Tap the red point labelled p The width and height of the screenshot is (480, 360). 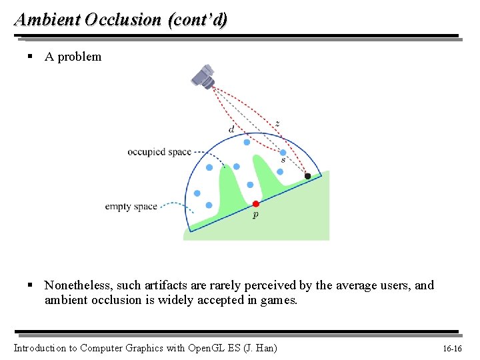255,203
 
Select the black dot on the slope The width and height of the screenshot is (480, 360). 307,176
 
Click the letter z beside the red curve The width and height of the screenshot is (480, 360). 277,123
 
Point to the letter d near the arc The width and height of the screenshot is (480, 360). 231,129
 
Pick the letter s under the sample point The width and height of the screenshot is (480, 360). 283,160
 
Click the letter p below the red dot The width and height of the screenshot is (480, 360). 255,215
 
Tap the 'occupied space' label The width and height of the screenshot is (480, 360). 159,152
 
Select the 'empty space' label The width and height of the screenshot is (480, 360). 131,206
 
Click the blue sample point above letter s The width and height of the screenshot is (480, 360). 283,152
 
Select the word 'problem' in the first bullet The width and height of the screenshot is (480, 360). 79,57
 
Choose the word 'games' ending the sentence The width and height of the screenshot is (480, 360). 279,300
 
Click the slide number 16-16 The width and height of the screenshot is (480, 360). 453,348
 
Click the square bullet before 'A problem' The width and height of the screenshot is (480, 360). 30,57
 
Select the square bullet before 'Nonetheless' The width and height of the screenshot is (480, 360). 30,285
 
